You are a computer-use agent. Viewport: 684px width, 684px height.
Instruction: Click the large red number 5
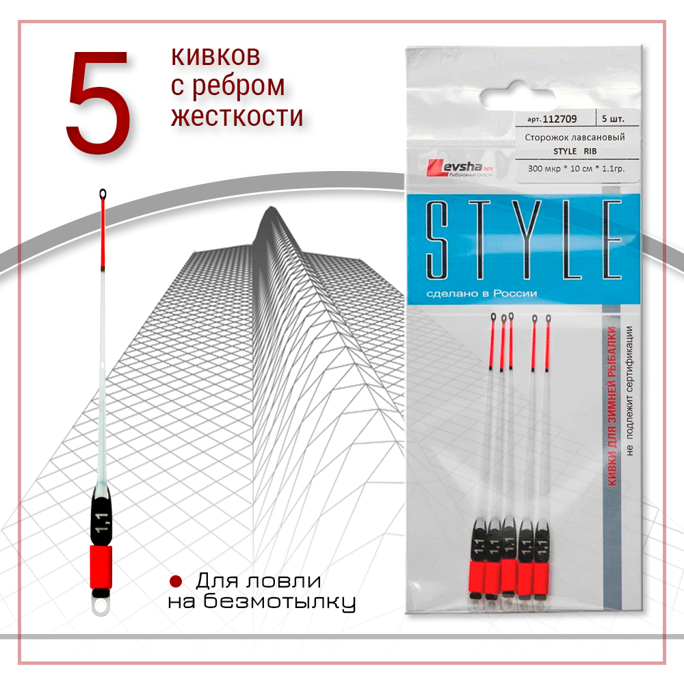(x=98, y=102)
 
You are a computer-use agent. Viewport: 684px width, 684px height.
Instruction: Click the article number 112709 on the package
(x=560, y=119)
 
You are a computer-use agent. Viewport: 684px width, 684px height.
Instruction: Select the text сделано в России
(x=482, y=293)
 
